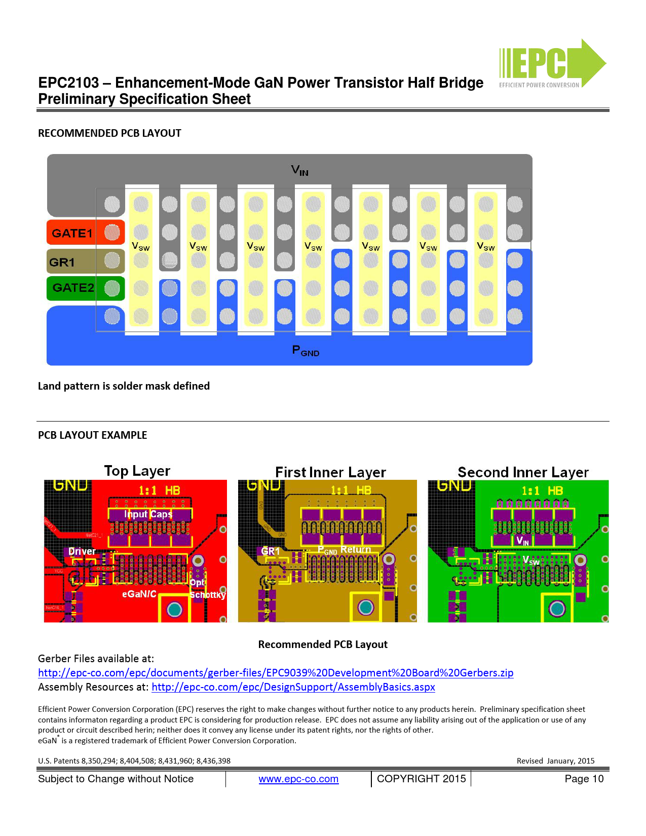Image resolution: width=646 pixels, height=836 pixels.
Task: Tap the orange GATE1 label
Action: (x=72, y=233)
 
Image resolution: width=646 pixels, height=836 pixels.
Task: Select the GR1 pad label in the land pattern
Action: (x=62, y=262)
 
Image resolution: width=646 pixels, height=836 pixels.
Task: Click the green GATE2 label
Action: (x=73, y=288)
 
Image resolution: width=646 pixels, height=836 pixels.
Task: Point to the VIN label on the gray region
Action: (x=299, y=170)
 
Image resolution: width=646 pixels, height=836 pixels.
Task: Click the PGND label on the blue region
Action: (x=306, y=351)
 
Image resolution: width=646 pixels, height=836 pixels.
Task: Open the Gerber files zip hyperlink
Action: (x=276, y=673)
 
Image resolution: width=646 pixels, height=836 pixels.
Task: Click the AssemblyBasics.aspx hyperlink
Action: (x=293, y=687)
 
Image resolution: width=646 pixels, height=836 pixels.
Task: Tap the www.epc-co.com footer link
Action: (x=298, y=779)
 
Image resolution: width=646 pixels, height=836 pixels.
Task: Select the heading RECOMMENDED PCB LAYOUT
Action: (x=109, y=133)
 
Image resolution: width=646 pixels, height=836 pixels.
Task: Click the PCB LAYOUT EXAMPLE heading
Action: (x=92, y=435)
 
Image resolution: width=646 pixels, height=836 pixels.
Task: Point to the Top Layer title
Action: (x=137, y=471)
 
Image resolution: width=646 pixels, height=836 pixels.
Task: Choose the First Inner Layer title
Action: (x=330, y=472)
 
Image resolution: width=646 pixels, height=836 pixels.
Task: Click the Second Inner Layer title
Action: (x=523, y=472)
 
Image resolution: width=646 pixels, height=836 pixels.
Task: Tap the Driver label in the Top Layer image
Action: (x=82, y=551)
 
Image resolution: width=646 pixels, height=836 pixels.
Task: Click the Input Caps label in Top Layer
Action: (x=148, y=514)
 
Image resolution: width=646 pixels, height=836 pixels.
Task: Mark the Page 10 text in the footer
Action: (x=584, y=779)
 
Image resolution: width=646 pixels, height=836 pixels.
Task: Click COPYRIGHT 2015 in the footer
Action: (x=421, y=779)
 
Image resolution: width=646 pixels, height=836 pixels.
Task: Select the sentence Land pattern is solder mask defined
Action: (x=124, y=386)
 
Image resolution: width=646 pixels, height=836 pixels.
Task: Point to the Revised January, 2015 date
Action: (x=555, y=761)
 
